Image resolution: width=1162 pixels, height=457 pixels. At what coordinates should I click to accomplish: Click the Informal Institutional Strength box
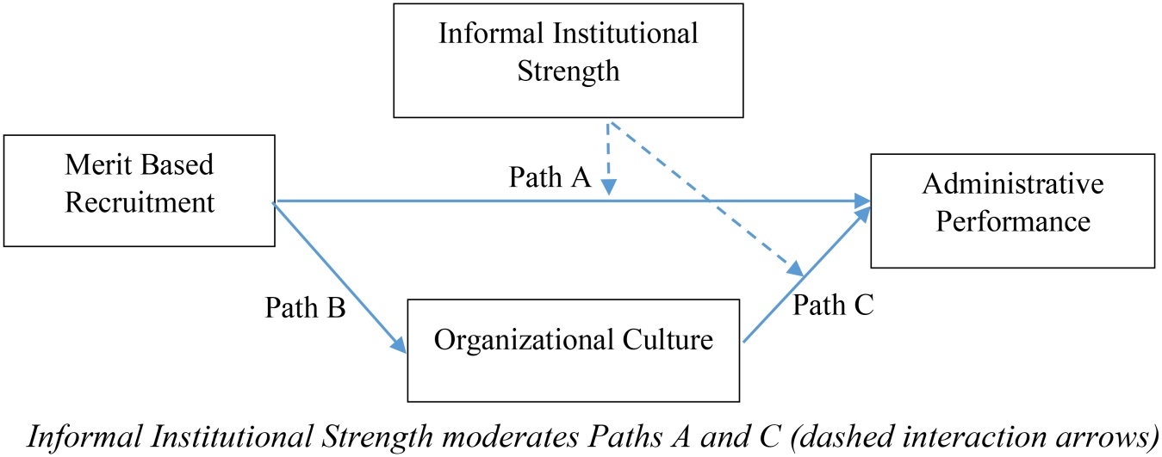tap(568, 60)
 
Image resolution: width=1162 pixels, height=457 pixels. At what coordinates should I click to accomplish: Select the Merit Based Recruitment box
tap(139, 191)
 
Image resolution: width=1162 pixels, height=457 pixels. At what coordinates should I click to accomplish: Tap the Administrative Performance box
tap(1013, 211)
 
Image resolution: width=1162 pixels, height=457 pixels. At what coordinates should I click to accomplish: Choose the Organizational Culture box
tap(573, 350)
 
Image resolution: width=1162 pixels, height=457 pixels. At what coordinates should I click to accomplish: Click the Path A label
tap(550, 177)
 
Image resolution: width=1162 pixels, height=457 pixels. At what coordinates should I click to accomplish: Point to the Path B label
tap(305, 308)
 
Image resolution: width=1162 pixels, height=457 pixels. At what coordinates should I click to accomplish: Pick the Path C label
tap(833, 305)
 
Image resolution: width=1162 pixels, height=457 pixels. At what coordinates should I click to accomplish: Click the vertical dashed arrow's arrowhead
tap(608, 187)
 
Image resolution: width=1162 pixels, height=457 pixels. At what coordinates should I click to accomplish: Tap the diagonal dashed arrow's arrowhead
tap(796, 269)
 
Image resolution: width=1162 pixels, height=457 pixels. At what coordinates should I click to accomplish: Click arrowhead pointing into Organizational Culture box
tap(400, 345)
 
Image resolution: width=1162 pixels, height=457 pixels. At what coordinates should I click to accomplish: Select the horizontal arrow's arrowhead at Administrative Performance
tap(863, 201)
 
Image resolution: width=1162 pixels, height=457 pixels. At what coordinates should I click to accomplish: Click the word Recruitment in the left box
tap(140, 202)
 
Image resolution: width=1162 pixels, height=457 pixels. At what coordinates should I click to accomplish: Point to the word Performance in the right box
tap(1013, 222)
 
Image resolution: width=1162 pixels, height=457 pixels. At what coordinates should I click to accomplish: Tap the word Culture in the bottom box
tap(668, 340)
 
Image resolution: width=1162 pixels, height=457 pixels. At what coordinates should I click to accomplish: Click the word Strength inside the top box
tap(569, 71)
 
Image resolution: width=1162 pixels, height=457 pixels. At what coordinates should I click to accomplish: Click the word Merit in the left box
tap(97, 164)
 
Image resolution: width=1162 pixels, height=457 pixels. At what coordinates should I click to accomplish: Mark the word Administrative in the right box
tap(1013, 184)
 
